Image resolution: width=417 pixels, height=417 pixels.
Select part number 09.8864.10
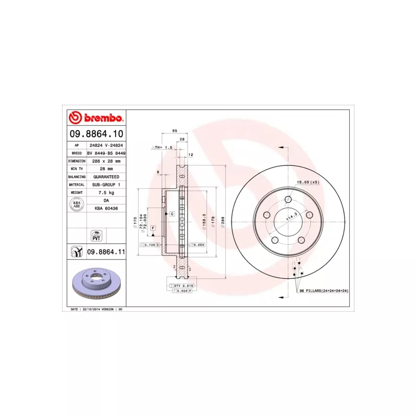[x=97, y=134]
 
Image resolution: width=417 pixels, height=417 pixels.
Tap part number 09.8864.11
[x=106, y=252]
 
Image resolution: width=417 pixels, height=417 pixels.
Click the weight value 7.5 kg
[x=106, y=192]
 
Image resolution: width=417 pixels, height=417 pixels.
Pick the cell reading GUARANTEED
[x=106, y=177]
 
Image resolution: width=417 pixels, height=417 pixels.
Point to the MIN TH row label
[x=77, y=169]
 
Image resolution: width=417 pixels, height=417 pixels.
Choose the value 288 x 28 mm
[x=106, y=161]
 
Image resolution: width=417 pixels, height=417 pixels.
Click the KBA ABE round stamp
[x=76, y=204]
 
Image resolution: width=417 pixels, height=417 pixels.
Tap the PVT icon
[x=96, y=235]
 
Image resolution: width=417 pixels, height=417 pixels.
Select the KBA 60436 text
[x=106, y=208]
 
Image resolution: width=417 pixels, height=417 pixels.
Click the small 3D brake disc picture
[x=97, y=286]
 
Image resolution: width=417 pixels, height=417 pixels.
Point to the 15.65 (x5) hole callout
[x=308, y=182]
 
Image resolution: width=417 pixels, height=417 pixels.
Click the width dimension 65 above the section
[x=175, y=130]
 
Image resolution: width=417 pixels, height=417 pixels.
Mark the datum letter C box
[x=171, y=214]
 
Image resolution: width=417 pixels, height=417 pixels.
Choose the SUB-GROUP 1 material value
[x=106, y=185]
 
